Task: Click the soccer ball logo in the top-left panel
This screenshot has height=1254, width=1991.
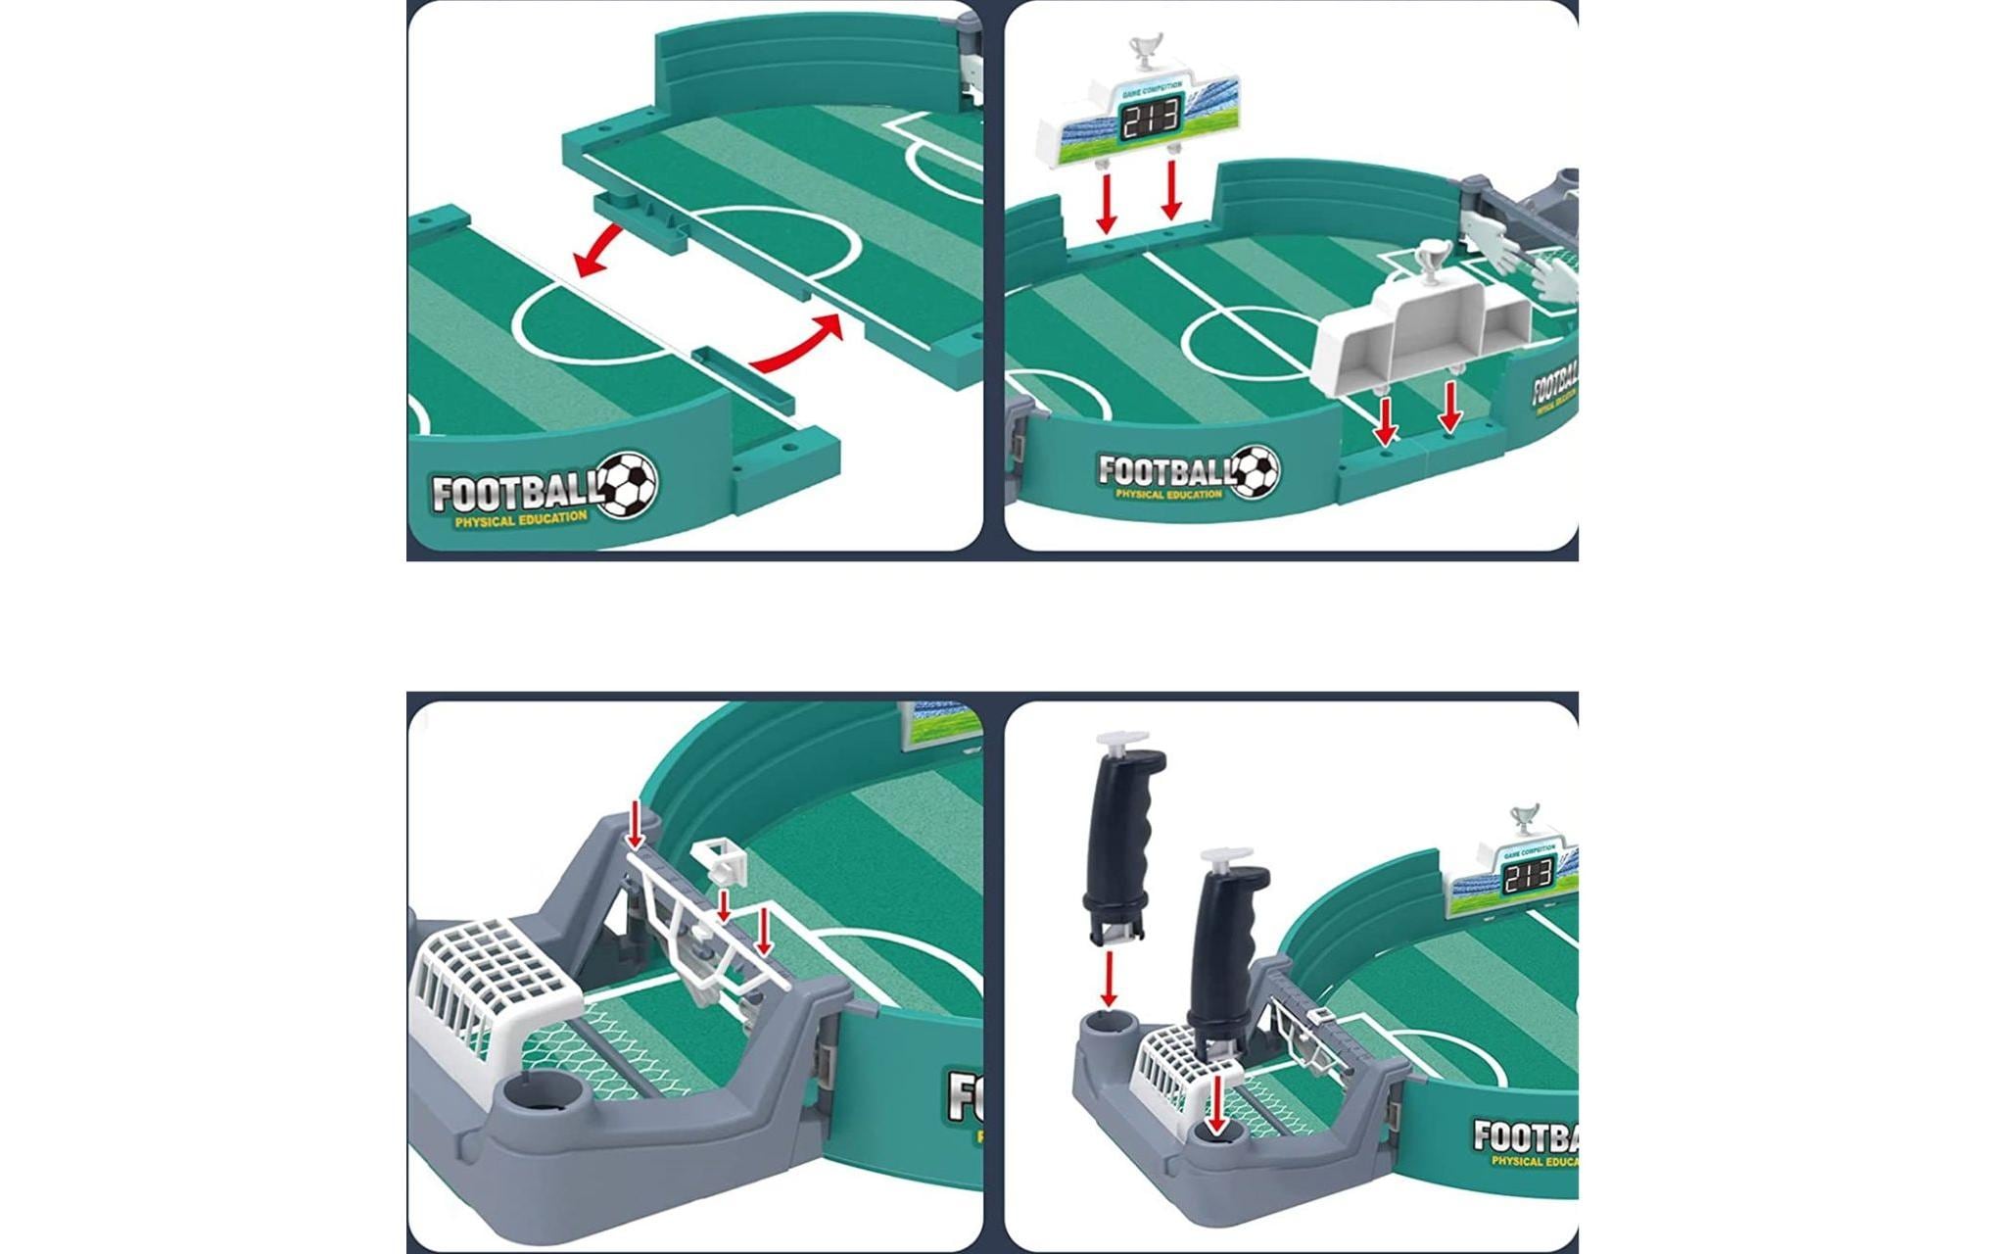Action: point(627,484)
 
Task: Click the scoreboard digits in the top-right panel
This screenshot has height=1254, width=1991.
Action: point(1151,121)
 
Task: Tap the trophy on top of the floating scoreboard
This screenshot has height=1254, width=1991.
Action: point(1145,50)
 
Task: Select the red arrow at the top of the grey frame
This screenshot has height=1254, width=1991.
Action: point(636,823)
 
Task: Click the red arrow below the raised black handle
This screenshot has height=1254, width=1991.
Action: point(1109,979)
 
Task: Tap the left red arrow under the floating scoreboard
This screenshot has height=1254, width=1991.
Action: point(1107,203)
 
